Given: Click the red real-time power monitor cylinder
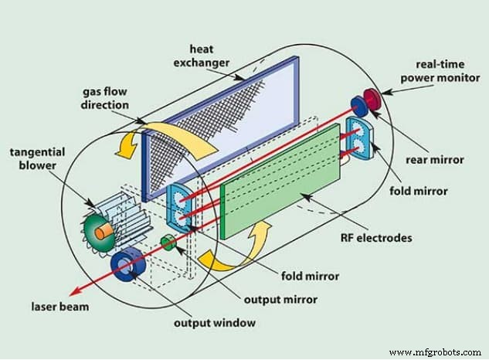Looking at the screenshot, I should tap(373, 100).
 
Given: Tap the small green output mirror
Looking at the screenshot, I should tap(166, 245).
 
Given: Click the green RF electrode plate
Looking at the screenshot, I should tap(279, 180).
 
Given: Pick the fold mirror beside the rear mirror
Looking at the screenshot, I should tap(360, 136).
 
